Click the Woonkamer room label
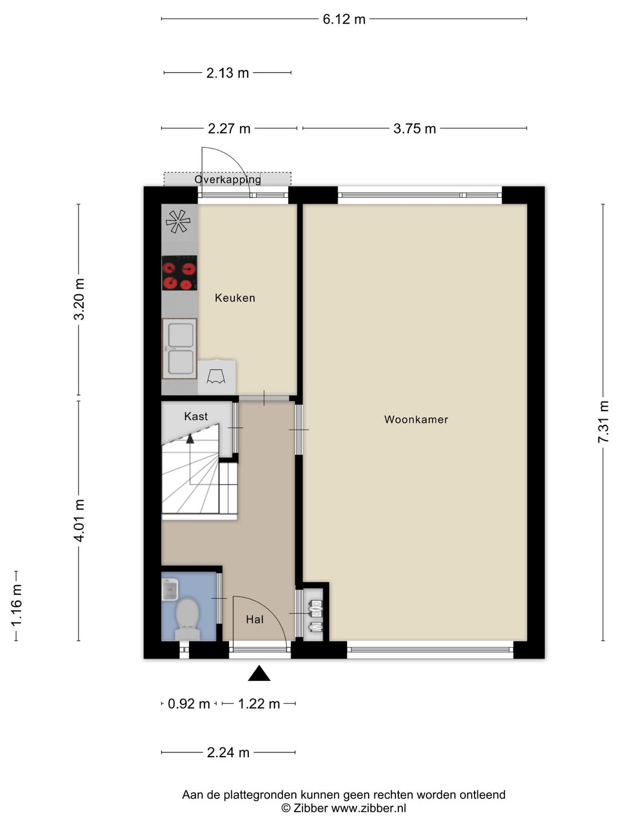tap(416, 419)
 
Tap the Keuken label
tap(235, 298)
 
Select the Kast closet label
tap(196, 416)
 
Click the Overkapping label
tap(228, 180)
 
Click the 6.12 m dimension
tap(344, 19)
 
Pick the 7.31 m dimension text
tap(603, 422)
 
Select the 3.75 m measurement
tap(414, 128)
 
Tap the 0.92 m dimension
tap(189, 704)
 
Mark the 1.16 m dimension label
tap(17, 606)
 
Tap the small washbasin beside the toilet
tap(170, 590)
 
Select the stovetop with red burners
tap(179, 273)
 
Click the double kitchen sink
tap(179, 348)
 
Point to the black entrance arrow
tap(259, 673)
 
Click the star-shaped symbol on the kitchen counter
tap(178, 221)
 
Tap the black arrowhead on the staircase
tap(190, 438)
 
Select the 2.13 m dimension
tap(228, 73)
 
